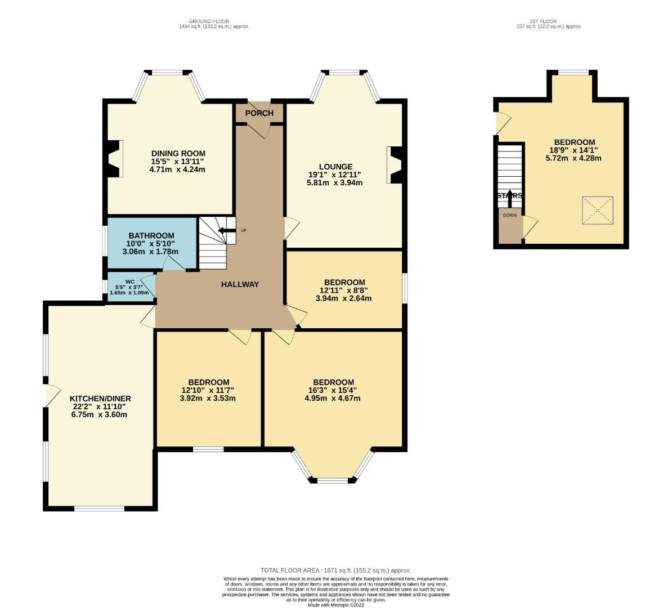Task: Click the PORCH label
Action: point(259,113)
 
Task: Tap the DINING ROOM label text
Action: point(178,153)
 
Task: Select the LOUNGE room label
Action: point(335,167)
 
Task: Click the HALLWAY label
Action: point(240,284)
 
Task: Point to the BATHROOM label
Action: point(151,235)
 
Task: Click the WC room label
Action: point(130,281)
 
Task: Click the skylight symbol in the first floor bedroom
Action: point(597,210)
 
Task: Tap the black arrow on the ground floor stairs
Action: point(226,230)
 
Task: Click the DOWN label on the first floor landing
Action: point(510,216)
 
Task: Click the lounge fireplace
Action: point(395,165)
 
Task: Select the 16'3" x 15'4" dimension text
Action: point(333,390)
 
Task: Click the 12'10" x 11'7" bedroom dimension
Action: point(208,390)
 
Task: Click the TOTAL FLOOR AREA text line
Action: point(335,570)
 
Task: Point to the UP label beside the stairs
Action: point(244,230)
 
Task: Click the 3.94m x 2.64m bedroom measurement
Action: point(344,298)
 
